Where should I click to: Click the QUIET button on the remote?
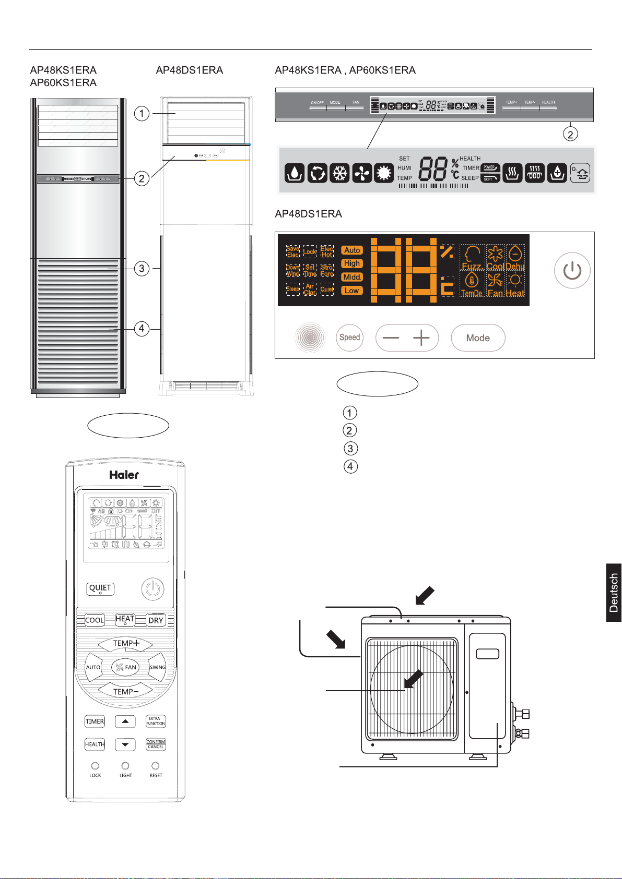coord(100,588)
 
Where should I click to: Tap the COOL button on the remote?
coord(95,620)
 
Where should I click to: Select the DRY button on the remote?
coord(156,620)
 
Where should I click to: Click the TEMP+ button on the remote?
coord(125,644)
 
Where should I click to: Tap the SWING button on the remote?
coord(157,667)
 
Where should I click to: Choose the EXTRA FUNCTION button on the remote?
coord(156,721)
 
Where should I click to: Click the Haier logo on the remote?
coord(124,475)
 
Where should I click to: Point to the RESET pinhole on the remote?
coord(156,766)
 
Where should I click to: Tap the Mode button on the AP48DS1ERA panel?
coord(478,338)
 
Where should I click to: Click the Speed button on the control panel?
coord(349,338)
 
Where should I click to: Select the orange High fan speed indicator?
coord(352,263)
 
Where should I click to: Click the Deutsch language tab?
coord(614,593)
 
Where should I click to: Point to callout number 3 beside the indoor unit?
coord(142,269)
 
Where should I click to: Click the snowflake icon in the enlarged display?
coord(340,173)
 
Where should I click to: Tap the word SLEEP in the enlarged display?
coord(470,178)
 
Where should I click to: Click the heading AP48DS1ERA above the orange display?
coord(308,214)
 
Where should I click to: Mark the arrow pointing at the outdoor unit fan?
coord(413,679)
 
